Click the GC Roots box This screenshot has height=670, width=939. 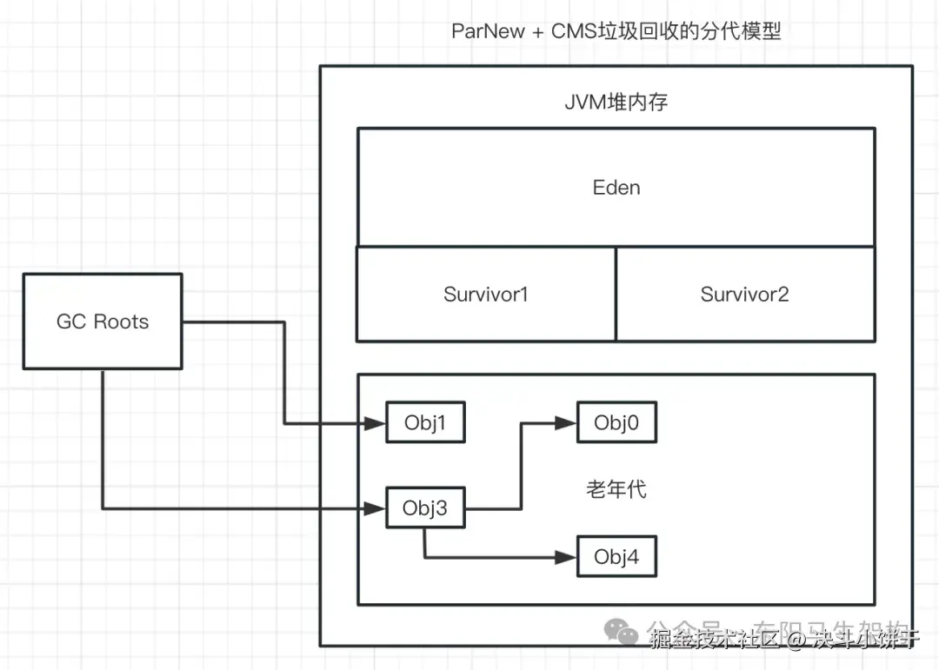103,322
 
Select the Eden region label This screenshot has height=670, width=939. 616,188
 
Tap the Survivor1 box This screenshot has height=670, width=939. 486,294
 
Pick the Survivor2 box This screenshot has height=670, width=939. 745,294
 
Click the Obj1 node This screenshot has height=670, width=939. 425,423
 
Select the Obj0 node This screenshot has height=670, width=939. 616,423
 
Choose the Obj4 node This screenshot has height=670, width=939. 616,557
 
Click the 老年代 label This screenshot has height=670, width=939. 616,489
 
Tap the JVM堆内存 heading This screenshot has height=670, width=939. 616,102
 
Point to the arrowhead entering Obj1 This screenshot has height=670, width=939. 376,424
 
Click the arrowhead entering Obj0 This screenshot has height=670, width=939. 567,424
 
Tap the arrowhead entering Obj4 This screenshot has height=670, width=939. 567,557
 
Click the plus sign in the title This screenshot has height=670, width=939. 538,32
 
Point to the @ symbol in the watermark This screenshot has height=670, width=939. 799,640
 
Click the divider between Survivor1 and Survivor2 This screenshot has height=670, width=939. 616,294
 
